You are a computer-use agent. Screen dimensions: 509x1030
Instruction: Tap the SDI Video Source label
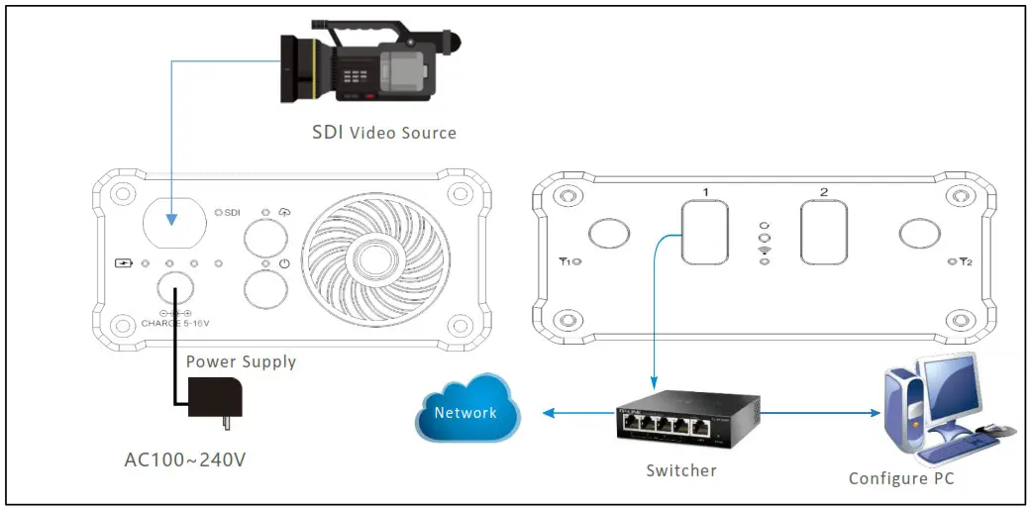(x=384, y=132)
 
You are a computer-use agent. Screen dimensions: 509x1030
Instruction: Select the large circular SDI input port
(x=174, y=219)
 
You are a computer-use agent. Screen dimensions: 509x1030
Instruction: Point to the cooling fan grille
(x=366, y=254)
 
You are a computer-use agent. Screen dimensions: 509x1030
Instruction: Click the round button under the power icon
(x=266, y=289)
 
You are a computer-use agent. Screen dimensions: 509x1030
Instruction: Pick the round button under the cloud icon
(x=266, y=238)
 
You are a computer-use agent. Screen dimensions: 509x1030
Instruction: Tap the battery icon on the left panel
(x=124, y=264)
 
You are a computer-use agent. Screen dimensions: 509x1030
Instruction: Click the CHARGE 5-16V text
(x=175, y=322)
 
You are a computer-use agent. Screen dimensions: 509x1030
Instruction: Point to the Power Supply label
(x=241, y=361)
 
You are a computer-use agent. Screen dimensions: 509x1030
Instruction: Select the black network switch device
(x=687, y=418)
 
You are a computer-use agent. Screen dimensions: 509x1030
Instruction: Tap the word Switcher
(x=680, y=470)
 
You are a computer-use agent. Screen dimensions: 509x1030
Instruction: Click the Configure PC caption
(x=900, y=478)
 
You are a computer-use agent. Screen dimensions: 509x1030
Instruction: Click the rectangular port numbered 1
(x=706, y=232)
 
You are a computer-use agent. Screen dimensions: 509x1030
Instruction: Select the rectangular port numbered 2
(x=824, y=232)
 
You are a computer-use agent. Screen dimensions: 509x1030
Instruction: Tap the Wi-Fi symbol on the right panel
(x=763, y=253)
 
